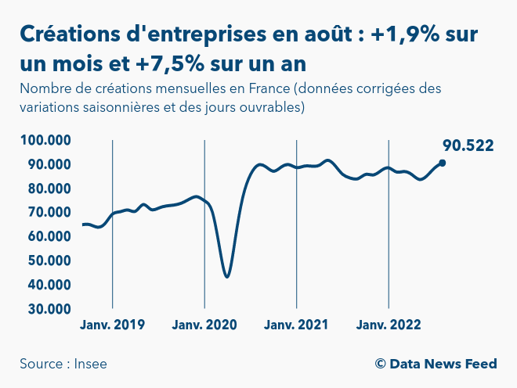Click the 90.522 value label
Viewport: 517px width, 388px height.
468,145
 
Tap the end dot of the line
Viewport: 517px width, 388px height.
443,163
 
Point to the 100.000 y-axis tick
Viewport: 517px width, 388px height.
46,141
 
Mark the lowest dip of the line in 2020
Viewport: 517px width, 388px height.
226,276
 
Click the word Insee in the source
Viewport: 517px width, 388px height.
92,364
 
